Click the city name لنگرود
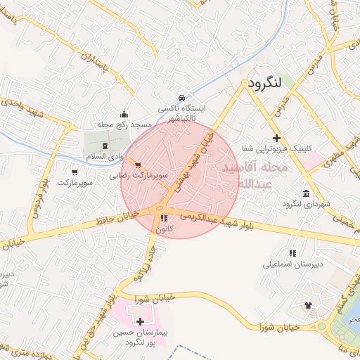click(x=264, y=83)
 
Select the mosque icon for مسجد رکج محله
click(x=124, y=114)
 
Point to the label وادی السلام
click(x=105, y=155)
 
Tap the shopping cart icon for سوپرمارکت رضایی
click(x=127, y=164)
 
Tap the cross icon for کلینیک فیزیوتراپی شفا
click(x=277, y=138)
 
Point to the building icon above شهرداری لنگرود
click(x=305, y=193)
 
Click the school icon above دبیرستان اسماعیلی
click(x=292, y=253)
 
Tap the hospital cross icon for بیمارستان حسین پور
click(x=140, y=321)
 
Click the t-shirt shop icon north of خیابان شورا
click(x=307, y=305)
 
